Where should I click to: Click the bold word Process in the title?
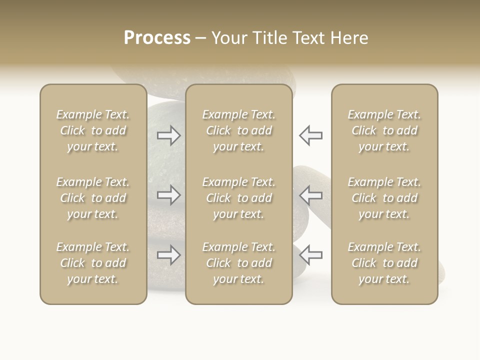[x=157, y=38]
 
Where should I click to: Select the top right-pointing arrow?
[x=169, y=135]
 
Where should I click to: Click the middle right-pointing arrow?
[x=169, y=195]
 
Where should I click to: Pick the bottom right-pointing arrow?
[x=169, y=255]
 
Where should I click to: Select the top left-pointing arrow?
[x=311, y=135]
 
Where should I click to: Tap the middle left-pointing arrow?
[x=311, y=195]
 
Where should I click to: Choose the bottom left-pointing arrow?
[x=311, y=255]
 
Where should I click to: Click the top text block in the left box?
[x=93, y=130]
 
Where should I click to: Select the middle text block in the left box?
[x=93, y=198]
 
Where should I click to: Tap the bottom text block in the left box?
[x=93, y=263]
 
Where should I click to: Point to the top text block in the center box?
[x=239, y=130]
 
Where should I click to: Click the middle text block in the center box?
[x=239, y=198]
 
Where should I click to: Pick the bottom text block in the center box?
[x=239, y=263]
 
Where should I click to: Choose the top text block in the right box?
[x=384, y=130]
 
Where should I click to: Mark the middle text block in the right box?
[x=384, y=198]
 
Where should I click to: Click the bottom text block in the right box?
[x=384, y=263]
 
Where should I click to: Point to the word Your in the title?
[x=229, y=38]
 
